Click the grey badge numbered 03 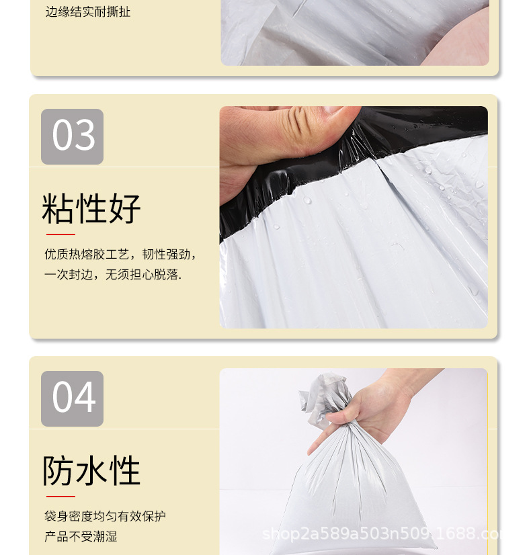[72, 136]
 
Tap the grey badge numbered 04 [72, 398]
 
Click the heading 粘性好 [91, 208]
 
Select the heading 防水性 [91, 470]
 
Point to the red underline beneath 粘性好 [60, 234]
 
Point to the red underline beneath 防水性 [60, 497]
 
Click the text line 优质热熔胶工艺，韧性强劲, [120, 255]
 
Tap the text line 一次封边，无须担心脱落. [113, 275]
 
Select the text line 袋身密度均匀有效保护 [105, 517]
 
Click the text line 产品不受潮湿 [81, 537]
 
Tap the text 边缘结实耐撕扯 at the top [88, 12]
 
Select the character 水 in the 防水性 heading [91, 470]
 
